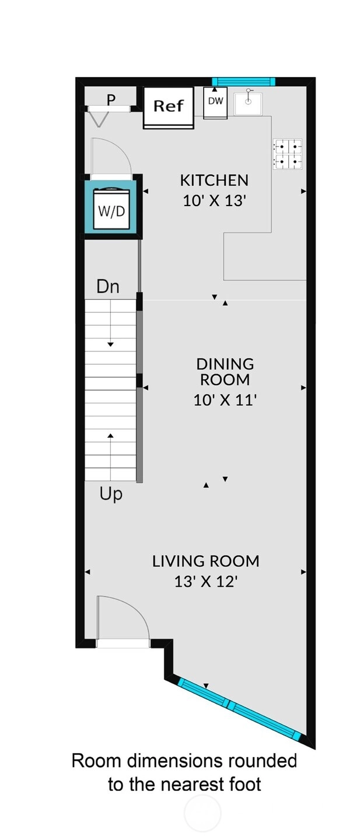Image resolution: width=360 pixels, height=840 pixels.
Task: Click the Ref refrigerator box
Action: tap(169, 107)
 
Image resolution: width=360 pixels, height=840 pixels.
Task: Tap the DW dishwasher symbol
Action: tap(215, 103)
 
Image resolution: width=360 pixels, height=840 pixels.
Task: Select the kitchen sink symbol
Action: tap(248, 104)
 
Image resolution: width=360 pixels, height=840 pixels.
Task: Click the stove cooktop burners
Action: tap(288, 154)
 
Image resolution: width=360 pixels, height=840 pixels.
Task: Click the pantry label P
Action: tap(111, 100)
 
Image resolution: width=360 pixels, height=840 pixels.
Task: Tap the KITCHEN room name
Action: tap(214, 180)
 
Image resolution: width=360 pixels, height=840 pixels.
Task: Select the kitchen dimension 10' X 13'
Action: tap(214, 201)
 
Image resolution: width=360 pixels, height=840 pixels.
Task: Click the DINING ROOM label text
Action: tap(225, 372)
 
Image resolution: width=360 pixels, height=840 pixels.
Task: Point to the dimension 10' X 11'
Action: tap(225, 400)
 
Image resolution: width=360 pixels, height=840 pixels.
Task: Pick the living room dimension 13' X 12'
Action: tap(206, 581)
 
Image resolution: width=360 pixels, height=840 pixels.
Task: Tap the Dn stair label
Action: tap(108, 287)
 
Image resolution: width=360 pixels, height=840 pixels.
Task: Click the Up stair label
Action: tap(111, 494)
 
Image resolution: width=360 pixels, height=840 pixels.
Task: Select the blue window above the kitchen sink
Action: tap(244, 81)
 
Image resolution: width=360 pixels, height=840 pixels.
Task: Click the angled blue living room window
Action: tap(239, 707)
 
